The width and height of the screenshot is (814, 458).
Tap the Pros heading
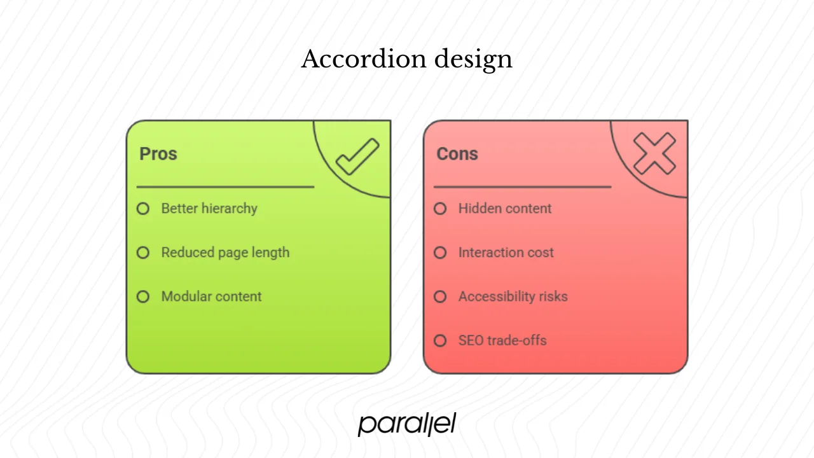[x=158, y=154]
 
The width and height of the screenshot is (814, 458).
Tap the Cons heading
[x=457, y=154]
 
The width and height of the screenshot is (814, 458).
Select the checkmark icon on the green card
[x=357, y=156]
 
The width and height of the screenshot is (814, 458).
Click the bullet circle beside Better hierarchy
[x=143, y=209]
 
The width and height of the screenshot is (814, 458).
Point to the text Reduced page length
[x=225, y=253]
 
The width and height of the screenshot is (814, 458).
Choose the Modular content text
[x=211, y=296]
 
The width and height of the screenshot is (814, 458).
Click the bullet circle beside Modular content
[x=143, y=296]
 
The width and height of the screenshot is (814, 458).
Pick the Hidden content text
[x=505, y=209]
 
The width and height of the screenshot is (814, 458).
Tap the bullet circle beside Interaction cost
[x=440, y=253]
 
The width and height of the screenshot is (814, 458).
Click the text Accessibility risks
[x=513, y=296]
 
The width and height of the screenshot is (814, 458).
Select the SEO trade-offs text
[x=502, y=340]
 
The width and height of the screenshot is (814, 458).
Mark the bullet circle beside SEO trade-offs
[x=440, y=340]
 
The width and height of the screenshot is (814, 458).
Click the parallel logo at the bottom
[x=407, y=424]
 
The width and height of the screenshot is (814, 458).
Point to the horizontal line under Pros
[x=225, y=187]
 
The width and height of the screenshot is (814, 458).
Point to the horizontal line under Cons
[x=522, y=187]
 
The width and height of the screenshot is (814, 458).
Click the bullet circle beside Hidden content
[x=440, y=209]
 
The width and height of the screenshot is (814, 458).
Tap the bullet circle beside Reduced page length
[x=143, y=253]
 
